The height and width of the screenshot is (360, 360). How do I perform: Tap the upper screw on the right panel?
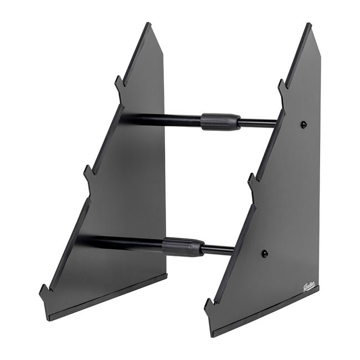(x=304, y=125)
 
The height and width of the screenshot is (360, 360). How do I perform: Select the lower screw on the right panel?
(x=265, y=253)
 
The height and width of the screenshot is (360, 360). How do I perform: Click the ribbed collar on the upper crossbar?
(x=220, y=121)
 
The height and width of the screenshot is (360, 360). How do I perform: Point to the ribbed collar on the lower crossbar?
(x=182, y=247)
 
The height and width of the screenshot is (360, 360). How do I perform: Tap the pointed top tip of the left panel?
(x=148, y=24)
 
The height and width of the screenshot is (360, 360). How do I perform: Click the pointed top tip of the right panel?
(x=308, y=25)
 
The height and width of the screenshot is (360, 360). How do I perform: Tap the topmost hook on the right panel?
(x=281, y=85)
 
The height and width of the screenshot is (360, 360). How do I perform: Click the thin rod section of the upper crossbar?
(x=258, y=123)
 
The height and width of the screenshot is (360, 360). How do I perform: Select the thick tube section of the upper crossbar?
(x=161, y=119)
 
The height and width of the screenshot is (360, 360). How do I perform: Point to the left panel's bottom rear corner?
(x=166, y=272)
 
